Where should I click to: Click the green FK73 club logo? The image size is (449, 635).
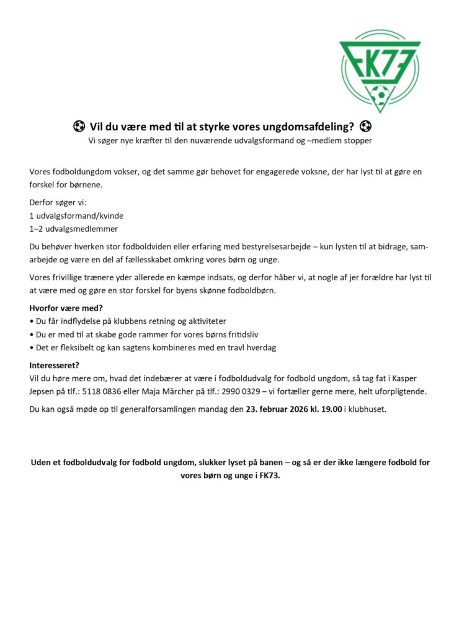[x=380, y=70]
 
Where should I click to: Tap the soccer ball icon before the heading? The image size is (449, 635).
[x=79, y=127]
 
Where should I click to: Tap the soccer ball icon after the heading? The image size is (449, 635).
[x=365, y=127]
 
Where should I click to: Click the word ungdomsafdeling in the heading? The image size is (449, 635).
[x=309, y=128]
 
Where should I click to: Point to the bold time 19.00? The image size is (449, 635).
[x=331, y=410]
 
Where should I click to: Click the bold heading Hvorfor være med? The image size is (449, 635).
[x=66, y=309]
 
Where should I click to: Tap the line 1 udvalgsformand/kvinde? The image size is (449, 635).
[x=76, y=215]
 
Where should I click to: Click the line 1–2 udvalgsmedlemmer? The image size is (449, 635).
[x=73, y=228]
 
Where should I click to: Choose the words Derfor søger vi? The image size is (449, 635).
[x=58, y=202]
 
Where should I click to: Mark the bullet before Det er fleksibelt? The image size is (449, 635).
[x=32, y=348]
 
